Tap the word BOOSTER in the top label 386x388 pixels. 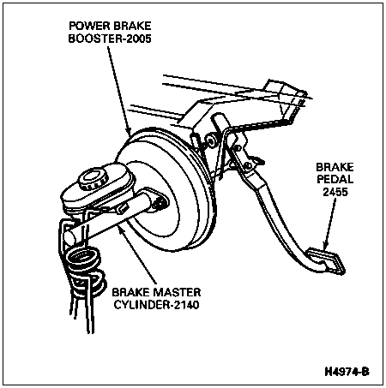click(92, 39)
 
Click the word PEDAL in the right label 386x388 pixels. click(335, 179)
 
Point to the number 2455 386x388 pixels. click(335, 192)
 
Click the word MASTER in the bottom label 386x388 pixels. click(177, 292)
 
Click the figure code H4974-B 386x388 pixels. click(347, 372)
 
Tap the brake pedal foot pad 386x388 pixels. click(327, 261)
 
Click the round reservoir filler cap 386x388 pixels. click(93, 179)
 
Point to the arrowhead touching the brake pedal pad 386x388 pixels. click(325, 245)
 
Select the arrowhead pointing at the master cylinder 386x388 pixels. click(121, 230)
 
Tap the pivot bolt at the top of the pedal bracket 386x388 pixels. click(211, 142)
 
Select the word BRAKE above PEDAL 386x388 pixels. click(335, 167)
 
